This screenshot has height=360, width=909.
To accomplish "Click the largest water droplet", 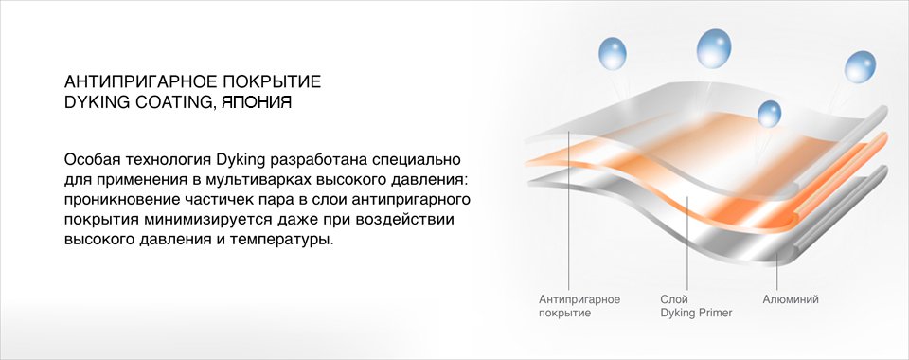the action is click(714, 48).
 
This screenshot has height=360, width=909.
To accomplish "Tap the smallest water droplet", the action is click(769, 114).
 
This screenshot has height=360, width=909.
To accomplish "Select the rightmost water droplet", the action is click(860, 66).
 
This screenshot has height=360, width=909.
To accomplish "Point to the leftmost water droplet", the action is click(613, 53).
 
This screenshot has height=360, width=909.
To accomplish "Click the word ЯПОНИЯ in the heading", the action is click(257, 102).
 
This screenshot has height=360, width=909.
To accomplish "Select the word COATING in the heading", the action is click(174, 103).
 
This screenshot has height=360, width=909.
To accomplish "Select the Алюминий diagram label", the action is click(790, 299).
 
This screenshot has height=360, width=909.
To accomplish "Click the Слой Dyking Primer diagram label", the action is click(696, 306).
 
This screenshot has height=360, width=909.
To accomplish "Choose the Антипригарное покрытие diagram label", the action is click(579, 306).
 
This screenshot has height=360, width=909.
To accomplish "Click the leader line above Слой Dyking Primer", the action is click(687, 243).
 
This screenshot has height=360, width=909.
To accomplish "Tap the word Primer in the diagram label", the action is click(714, 313).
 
